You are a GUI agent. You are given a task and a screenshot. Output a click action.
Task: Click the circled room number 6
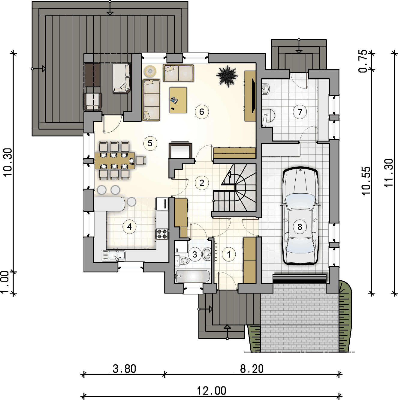[202, 112]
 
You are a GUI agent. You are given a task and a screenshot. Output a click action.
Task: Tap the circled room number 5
[150, 143]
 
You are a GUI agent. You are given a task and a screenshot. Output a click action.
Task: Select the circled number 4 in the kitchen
[129, 227]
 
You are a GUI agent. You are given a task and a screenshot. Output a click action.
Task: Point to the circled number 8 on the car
[300, 227]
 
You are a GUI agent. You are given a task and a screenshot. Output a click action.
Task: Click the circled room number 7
[300, 112]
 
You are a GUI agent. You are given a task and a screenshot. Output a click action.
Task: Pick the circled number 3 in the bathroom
[195, 255]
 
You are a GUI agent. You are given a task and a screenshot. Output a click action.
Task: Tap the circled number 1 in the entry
[229, 255]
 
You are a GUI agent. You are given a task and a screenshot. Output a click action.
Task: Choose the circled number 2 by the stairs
[202, 183]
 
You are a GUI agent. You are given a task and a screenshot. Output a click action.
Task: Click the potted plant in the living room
[227, 76]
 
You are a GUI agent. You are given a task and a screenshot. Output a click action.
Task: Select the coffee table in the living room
[178, 100]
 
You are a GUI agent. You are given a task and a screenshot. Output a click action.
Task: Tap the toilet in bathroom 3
[182, 261]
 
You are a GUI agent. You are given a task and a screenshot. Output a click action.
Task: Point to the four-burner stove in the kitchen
[162, 234]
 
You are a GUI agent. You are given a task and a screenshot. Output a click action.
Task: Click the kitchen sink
[117, 255]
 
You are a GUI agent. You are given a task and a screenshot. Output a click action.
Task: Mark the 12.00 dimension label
[211, 391]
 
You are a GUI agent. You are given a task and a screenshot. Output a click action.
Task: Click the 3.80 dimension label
[124, 369]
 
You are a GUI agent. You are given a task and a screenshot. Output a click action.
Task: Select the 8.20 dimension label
[252, 369]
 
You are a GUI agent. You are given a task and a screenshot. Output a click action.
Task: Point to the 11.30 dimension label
[389, 173]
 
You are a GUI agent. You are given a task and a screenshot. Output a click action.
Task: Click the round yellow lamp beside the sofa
[149, 71]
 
